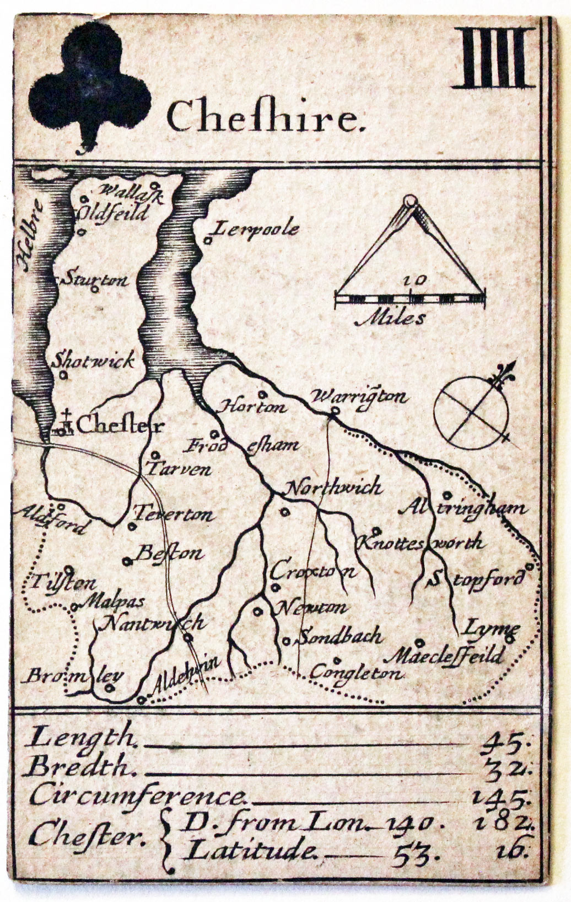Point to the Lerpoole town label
(256, 229)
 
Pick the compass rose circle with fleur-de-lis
(471, 411)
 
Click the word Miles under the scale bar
(390, 318)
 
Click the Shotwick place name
(94, 361)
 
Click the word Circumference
(137, 796)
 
